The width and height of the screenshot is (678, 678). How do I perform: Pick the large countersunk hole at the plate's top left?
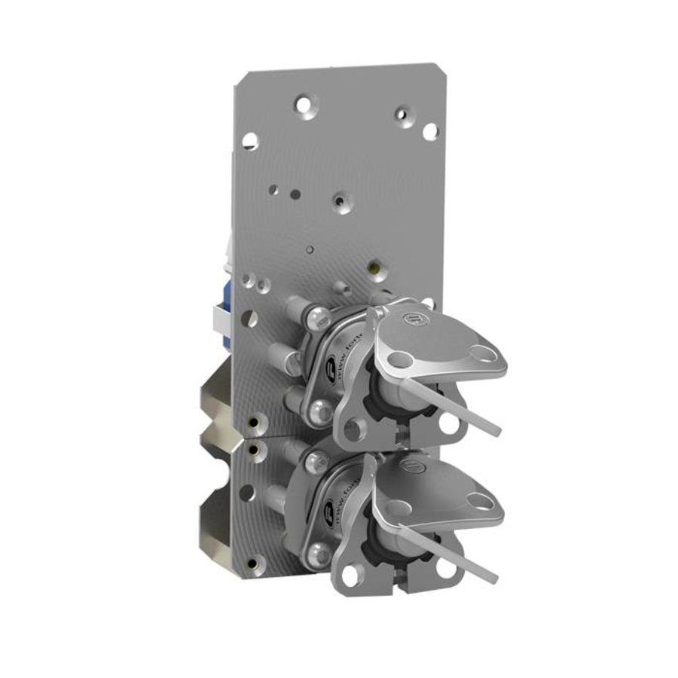click(x=303, y=105)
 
